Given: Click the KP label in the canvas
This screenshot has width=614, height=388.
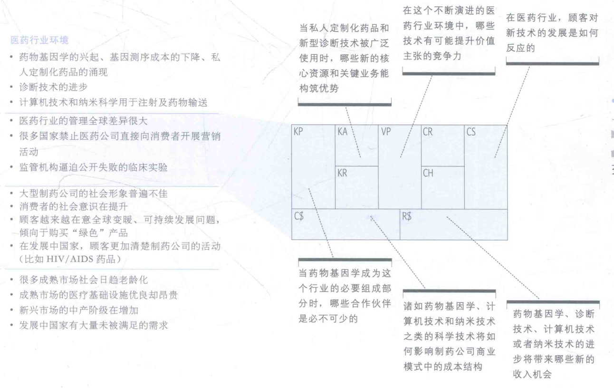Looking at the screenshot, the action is (x=299, y=132).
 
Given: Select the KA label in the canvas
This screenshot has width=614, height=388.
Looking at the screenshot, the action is (x=342, y=132).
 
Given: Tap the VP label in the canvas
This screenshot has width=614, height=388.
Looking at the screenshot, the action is (x=385, y=132).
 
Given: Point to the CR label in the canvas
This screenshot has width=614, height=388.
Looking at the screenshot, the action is (x=428, y=132).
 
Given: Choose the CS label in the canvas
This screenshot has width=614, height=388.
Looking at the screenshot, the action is (x=470, y=132).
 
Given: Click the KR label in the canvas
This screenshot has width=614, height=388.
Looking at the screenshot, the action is (x=342, y=174).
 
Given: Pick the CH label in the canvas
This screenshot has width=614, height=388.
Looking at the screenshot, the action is (x=428, y=174).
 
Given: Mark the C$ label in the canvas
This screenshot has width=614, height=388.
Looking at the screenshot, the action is (x=299, y=216).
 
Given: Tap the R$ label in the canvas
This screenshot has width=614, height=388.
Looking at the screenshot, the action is (x=407, y=216).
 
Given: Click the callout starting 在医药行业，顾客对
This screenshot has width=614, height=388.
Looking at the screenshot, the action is (x=551, y=33).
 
